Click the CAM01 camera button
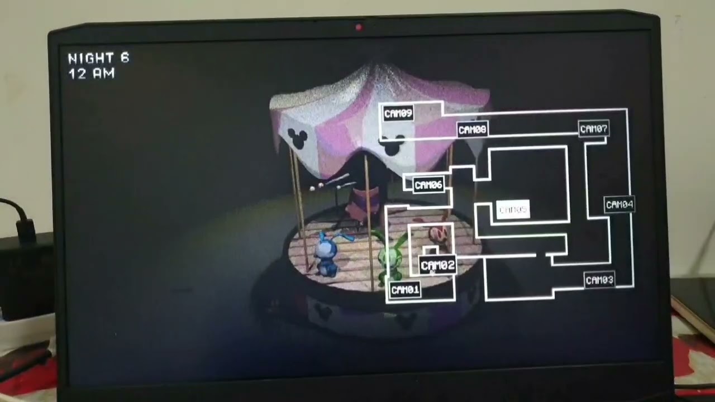point(405,290)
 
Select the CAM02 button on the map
point(437,265)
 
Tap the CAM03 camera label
point(599,280)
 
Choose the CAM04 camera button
point(619,204)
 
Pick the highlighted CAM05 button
point(513,210)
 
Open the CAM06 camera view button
point(428,185)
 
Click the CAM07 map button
point(593,129)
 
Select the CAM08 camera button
point(472,130)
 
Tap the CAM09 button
point(398,113)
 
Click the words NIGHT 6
point(98,58)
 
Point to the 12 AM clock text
point(91,73)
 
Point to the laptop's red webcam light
point(359,27)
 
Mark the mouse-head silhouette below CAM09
point(392,146)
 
